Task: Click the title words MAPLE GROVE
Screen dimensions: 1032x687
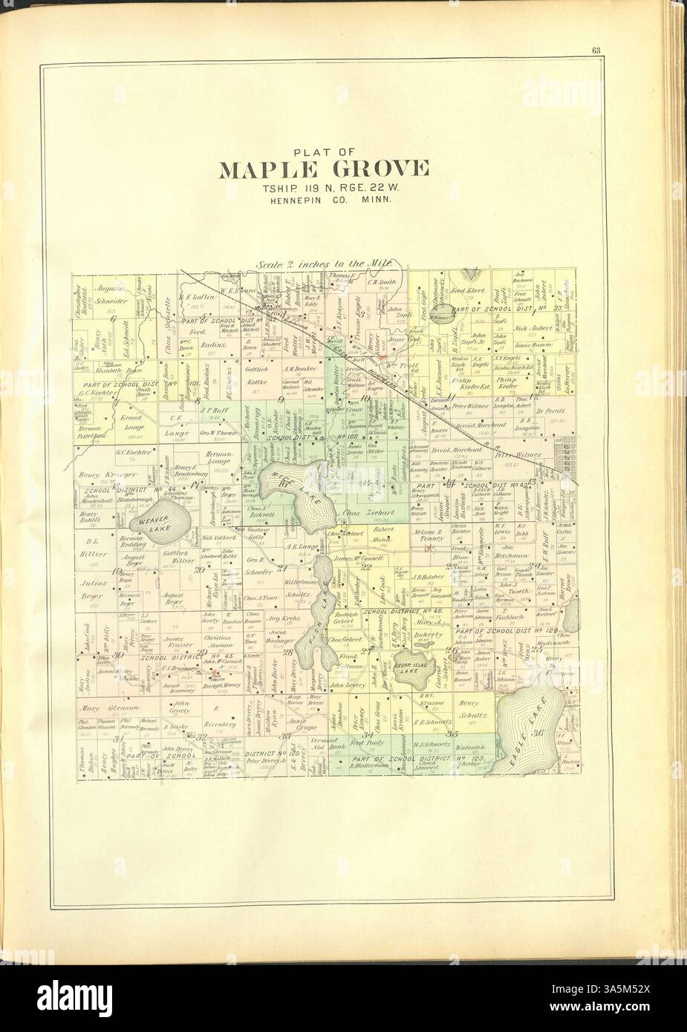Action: pyautogui.click(x=322, y=169)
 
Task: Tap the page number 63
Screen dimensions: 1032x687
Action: pyautogui.click(x=596, y=50)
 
